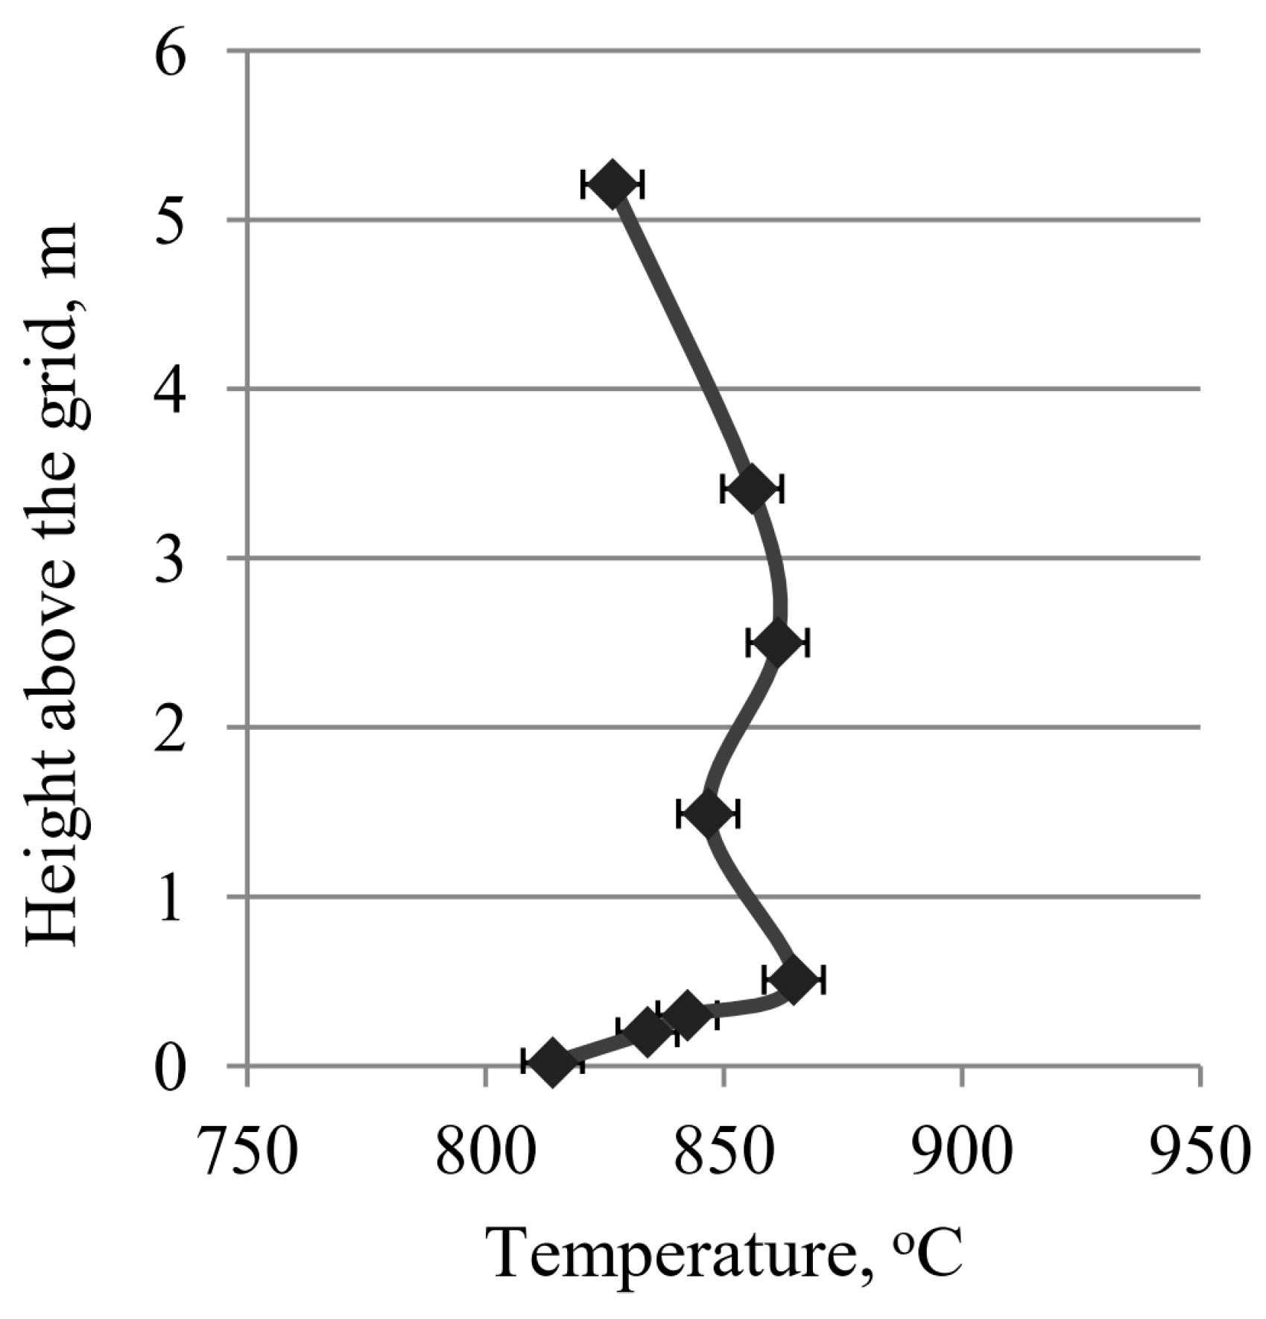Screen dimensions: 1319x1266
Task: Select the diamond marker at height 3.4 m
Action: [753, 489]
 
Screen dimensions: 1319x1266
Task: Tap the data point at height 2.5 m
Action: [778, 642]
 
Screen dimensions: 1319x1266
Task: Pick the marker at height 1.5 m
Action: [708, 813]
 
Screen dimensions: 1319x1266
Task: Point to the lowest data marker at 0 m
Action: [552, 1062]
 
